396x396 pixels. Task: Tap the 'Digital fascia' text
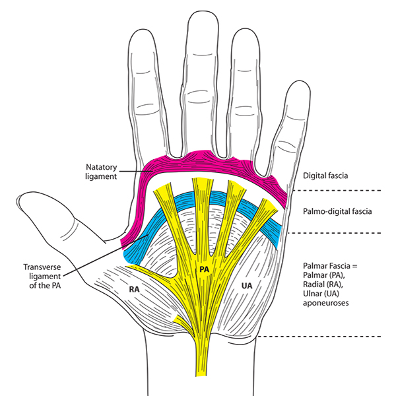coord(325,177)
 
